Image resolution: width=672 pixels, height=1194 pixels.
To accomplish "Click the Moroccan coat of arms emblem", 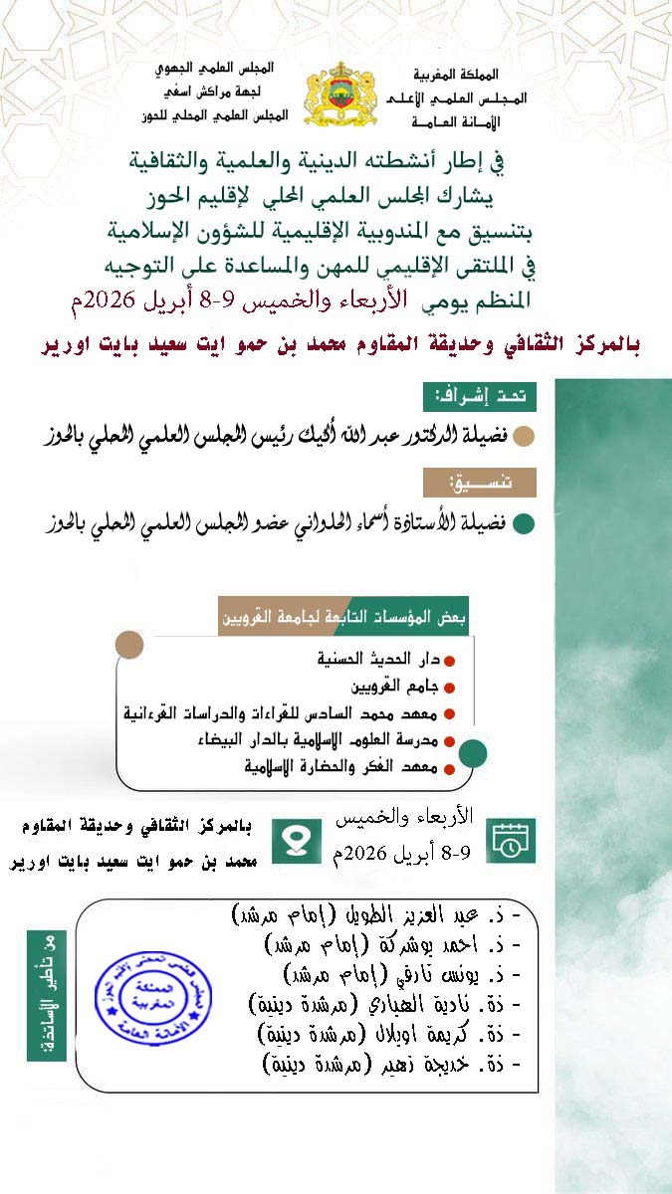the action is click(x=340, y=95).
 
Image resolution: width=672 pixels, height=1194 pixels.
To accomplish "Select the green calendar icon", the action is click(x=511, y=841).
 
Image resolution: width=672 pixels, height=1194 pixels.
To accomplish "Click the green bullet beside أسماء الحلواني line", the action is click(x=523, y=522).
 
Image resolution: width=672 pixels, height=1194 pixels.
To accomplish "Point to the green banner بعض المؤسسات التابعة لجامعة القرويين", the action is click(x=343, y=617).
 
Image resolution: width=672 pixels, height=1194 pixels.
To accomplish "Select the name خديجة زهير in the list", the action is click(x=393, y=1065).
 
